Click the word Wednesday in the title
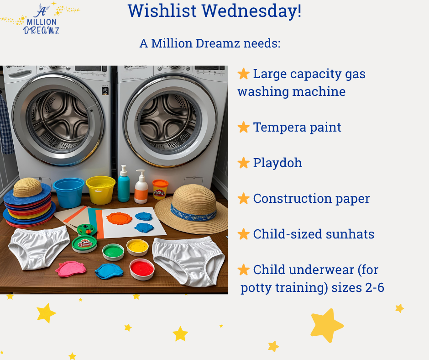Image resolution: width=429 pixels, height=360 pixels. point(251,11)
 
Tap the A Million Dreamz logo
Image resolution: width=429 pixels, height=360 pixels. point(41,18)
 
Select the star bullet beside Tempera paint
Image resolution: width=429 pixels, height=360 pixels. point(244,127)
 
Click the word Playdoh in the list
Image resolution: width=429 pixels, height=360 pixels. point(277,163)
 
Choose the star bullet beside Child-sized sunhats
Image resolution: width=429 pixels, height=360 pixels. point(244,234)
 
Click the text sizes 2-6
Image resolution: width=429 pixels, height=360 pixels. point(358,288)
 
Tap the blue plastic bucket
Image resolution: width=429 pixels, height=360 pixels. point(68,192)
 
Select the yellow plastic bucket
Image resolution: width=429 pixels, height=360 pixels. point(101,190)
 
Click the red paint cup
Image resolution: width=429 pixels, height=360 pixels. point(142,269)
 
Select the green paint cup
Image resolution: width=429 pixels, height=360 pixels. point(113,252)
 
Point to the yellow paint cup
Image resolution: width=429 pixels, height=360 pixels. point(138,247)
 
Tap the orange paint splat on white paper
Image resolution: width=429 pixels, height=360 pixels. point(119,218)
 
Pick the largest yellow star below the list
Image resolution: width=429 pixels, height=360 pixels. point(327,325)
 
